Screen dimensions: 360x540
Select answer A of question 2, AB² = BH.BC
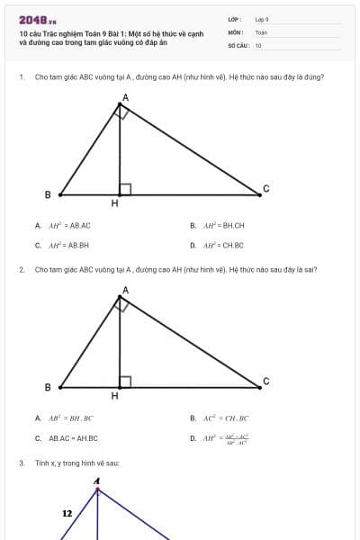[64, 418]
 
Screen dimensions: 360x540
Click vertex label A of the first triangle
[125, 96]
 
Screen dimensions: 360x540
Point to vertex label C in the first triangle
[265, 187]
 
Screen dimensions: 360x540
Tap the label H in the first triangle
[114, 203]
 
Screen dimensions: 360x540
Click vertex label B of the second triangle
[48, 387]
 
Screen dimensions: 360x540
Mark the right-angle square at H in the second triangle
[125, 382]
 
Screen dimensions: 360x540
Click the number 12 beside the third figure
[67, 513]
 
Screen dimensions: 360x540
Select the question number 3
[21, 463]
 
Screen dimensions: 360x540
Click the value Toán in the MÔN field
[261, 31]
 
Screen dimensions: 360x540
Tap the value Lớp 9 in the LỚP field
[262, 19]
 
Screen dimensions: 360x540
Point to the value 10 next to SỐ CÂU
[258, 45]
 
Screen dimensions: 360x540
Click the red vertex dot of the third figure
[97, 490]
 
